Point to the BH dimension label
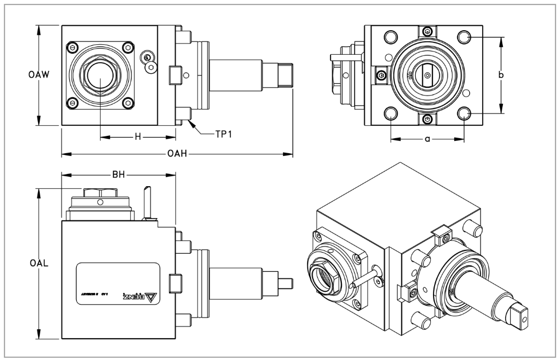click(118, 175)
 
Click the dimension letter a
click(427, 138)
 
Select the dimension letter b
click(501, 75)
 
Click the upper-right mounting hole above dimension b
click(464, 37)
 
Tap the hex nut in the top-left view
click(100, 75)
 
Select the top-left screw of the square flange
click(73, 46)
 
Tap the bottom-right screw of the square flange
click(128, 102)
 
